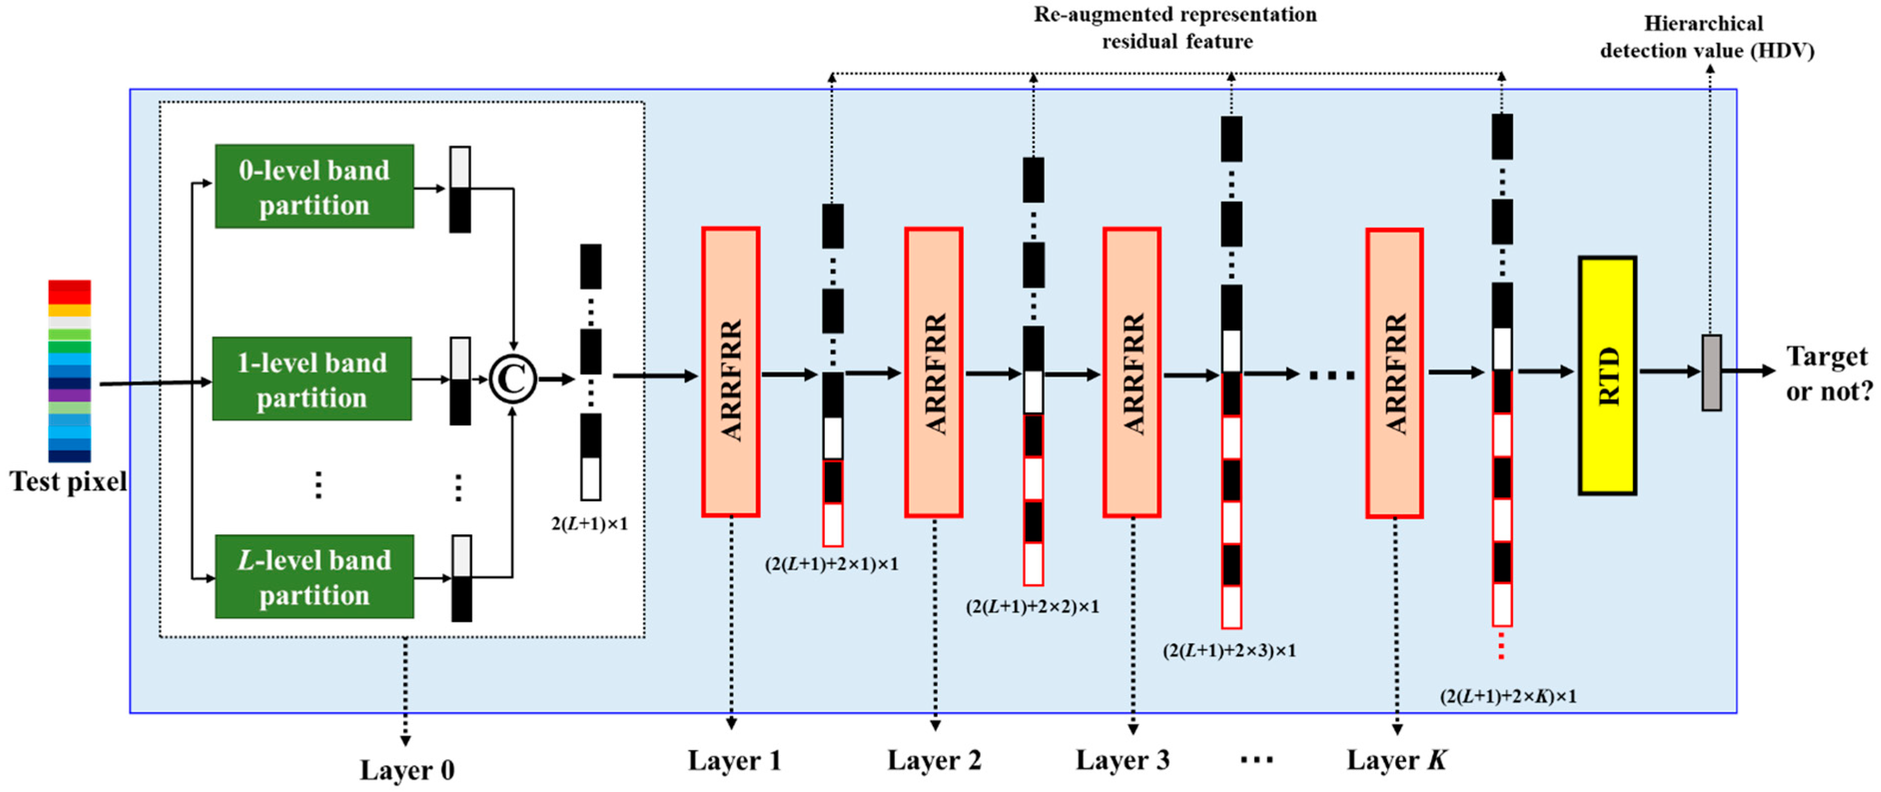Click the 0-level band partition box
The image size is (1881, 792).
pyautogui.click(x=314, y=187)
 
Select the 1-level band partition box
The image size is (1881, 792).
pyautogui.click(x=312, y=379)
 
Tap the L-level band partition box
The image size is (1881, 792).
pyautogui.click(x=314, y=577)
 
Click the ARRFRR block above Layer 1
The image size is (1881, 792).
pyautogui.click(x=730, y=372)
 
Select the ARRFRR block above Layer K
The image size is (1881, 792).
pyautogui.click(x=1394, y=374)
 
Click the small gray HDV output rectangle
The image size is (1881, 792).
pyautogui.click(x=1711, y=372)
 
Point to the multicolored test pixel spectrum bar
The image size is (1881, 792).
pyautogui.click(x=69, y=371)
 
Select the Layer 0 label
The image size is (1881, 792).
pyautogui.click(x=407, y=770)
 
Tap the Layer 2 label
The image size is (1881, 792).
pyautogui.click(x=934, y=760)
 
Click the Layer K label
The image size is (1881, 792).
pyautogui.click(x=1396, y=760)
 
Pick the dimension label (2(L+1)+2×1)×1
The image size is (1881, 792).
pyautogui.click(x=831, y=564)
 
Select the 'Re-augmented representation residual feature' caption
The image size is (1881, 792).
pyautogui.click(x=1175, y=28)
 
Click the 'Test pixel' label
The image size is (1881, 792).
pyautogui.click(x=68, y=482)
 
